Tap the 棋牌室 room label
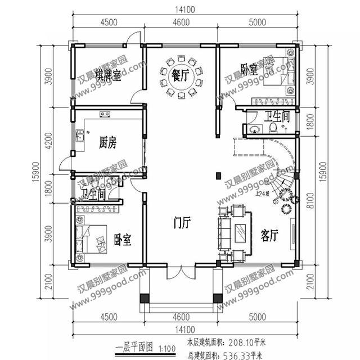(x=108, y=76)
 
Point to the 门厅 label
(x=182, y=223)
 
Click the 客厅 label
(x=271, y=235)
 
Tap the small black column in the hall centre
(x=218, y=176)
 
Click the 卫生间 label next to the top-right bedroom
(x=277, y=116)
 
